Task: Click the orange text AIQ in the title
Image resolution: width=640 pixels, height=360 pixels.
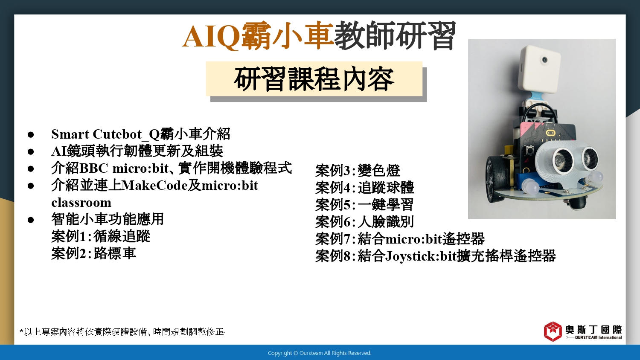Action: coord(211,37)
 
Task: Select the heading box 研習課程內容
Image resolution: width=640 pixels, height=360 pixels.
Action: coord(314,79)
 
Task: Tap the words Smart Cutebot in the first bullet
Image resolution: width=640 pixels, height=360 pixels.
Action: coord(96,134)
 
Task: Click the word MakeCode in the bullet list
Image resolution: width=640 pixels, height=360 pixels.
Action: coord(154,186)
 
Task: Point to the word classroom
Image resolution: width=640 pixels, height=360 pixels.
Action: coord(81,203)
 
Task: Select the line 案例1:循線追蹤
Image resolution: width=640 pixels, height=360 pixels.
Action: coord(101,236)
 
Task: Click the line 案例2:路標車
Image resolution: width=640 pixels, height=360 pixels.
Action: coord(94,253)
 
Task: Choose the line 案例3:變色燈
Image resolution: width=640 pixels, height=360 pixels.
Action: coord(358,171)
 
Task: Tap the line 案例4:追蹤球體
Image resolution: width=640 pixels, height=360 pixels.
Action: coord(365,188)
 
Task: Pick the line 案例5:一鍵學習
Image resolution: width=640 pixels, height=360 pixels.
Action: coord(364,205)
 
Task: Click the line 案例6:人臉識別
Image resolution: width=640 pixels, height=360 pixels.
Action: coord(364,222)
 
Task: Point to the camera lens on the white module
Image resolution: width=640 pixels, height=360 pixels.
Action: coord(544,60)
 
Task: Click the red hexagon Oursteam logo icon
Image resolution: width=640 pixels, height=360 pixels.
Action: coord(553,331)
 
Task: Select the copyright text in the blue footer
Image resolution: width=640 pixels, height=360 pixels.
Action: coord(320,353)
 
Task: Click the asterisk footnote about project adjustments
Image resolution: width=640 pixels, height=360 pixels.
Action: coord(122,332)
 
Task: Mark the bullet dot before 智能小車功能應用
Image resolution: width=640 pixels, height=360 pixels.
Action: coord(31,220)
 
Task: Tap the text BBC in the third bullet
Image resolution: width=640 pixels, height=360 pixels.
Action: coord(93,168)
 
